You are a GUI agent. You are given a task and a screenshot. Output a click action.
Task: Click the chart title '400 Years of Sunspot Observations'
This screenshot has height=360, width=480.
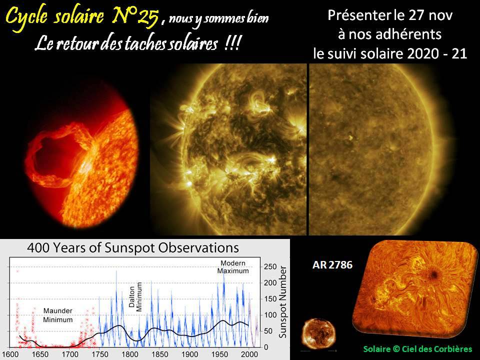(x=133, y=247)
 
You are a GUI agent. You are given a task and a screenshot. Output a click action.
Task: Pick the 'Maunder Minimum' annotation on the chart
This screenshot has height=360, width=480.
(x=58, y=315)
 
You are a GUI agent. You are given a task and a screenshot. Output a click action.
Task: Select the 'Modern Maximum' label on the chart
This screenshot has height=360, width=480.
(x=233, y=267)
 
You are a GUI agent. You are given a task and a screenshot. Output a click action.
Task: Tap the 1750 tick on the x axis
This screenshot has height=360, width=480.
(x=100, y=354)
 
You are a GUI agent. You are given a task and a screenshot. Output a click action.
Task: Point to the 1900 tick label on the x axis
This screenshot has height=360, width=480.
(x=190, y=354)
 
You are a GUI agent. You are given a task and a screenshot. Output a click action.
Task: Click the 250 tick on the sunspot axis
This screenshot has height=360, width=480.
(x=270, y=266)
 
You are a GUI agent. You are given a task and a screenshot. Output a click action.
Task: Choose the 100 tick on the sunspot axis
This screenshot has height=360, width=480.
(x=270, y=315)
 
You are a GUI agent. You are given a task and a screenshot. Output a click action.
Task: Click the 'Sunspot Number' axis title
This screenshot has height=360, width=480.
(x=283, y=302)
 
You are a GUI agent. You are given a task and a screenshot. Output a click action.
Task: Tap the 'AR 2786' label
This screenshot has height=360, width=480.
(x=332, y=265)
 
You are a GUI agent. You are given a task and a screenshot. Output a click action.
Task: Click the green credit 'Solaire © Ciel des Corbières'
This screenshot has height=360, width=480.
(x=418, y=349)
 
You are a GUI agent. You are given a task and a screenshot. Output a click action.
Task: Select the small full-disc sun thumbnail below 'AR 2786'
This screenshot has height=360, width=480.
(x=318, y=333)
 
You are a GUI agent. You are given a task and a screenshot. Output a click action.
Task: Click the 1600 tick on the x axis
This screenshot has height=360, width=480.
(x=10, y=354)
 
